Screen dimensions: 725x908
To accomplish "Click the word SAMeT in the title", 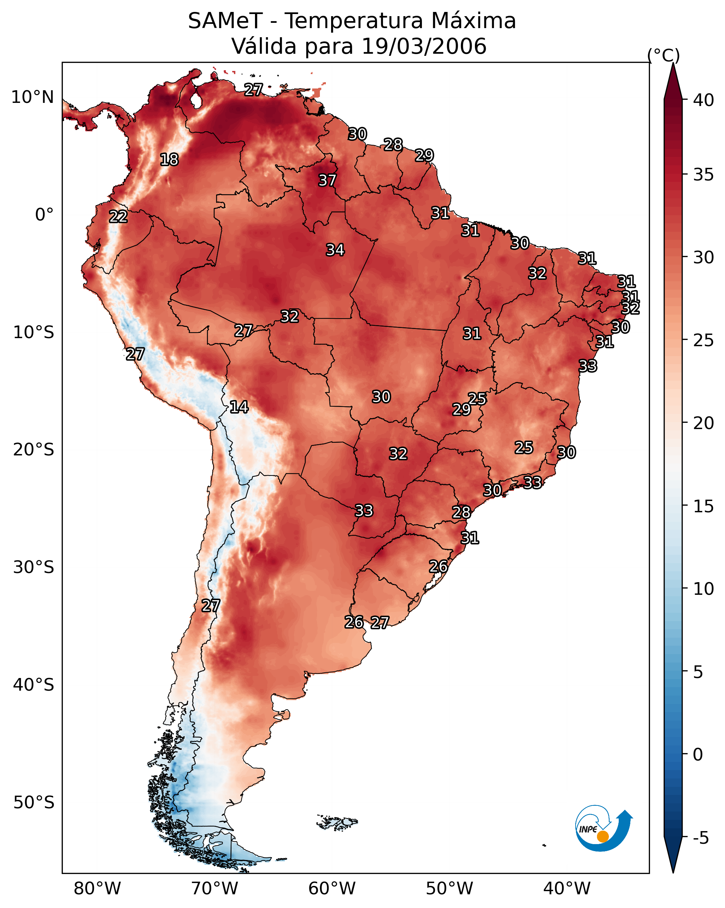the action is coord(225,21).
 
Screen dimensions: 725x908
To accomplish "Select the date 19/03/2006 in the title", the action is coord(424,46).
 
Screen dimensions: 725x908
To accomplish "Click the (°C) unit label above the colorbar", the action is coord(664,55).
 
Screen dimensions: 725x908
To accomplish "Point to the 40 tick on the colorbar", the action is coord(704,100).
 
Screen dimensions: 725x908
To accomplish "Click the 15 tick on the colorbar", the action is coord(704,506).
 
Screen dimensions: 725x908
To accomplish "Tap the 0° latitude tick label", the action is coord(44,215).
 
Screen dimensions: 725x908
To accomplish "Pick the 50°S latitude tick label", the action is coord(34,803).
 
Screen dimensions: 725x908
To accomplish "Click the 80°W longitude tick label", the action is coord(97,888).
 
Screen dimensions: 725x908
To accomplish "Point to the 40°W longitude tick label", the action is coord(567,888).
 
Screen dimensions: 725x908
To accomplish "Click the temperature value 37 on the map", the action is coord(327,180).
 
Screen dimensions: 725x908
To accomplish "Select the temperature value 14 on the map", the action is coord(239,407).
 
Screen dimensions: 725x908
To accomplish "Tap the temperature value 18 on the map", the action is coord(169,160).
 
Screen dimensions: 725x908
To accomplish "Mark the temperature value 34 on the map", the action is coord(335,250).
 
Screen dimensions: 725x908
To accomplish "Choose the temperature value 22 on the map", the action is coord(118,217).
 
